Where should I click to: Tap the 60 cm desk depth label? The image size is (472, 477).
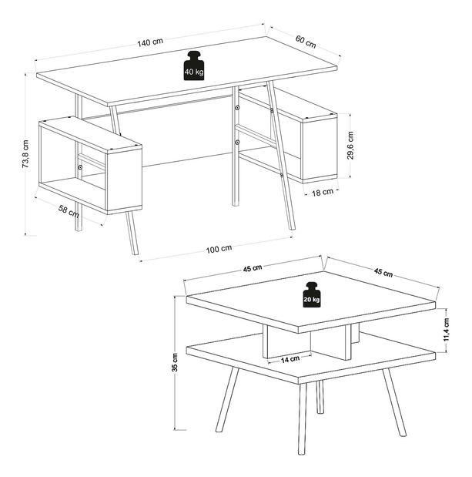306,43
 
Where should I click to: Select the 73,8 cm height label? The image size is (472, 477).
25,154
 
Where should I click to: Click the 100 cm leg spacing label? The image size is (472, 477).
219,248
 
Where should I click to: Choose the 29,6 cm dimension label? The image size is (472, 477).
350,146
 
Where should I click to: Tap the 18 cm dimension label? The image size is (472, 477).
323,192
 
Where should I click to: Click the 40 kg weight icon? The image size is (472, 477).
194,66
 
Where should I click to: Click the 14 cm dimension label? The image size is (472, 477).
290,359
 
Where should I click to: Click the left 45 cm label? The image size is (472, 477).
253,268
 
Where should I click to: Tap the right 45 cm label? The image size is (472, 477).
383,272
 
